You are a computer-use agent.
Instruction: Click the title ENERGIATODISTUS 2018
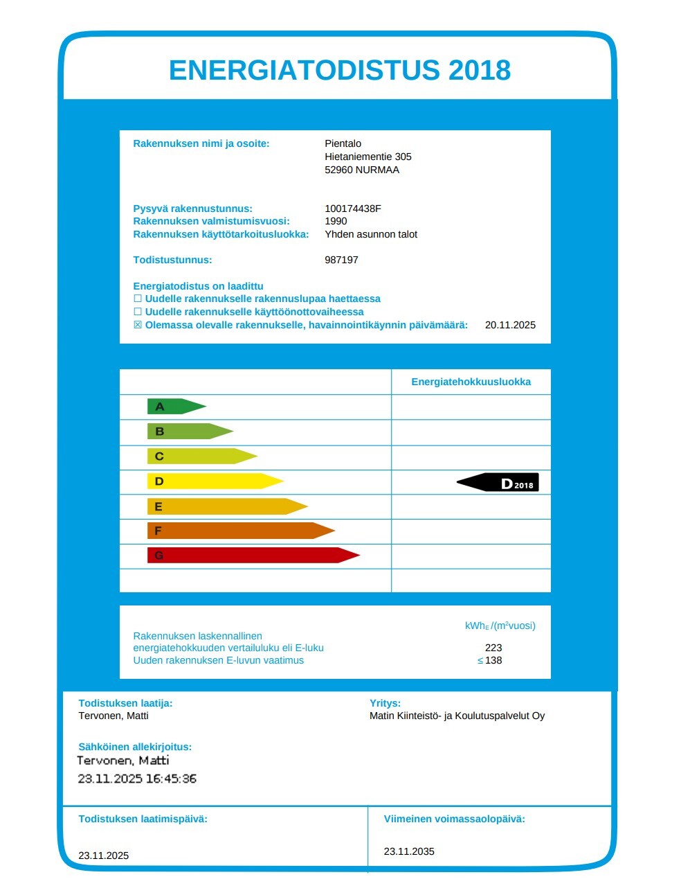coord(340,70)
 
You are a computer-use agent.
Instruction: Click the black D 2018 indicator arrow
coord(499,483)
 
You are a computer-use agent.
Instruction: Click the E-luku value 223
coord(493,648)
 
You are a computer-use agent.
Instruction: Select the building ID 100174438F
coord(353,209)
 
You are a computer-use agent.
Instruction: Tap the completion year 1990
coord(336,221)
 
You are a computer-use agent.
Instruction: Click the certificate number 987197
coord(341,260)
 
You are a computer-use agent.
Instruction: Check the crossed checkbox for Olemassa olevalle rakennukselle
coord(138,325)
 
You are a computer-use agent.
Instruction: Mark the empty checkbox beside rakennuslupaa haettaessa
coord(138,299)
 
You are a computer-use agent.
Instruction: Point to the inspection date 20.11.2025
coord(510,325)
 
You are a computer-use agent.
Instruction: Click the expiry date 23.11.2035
coord(409,851)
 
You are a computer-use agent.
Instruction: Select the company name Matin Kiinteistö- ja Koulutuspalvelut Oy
coord(457,716)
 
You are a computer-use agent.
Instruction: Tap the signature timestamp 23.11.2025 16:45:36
coord(137,779)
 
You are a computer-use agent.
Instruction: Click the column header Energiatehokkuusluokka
coord(471,382)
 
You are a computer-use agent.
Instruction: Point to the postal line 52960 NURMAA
coord(362,170)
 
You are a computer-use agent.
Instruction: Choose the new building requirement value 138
coord(493,660)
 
